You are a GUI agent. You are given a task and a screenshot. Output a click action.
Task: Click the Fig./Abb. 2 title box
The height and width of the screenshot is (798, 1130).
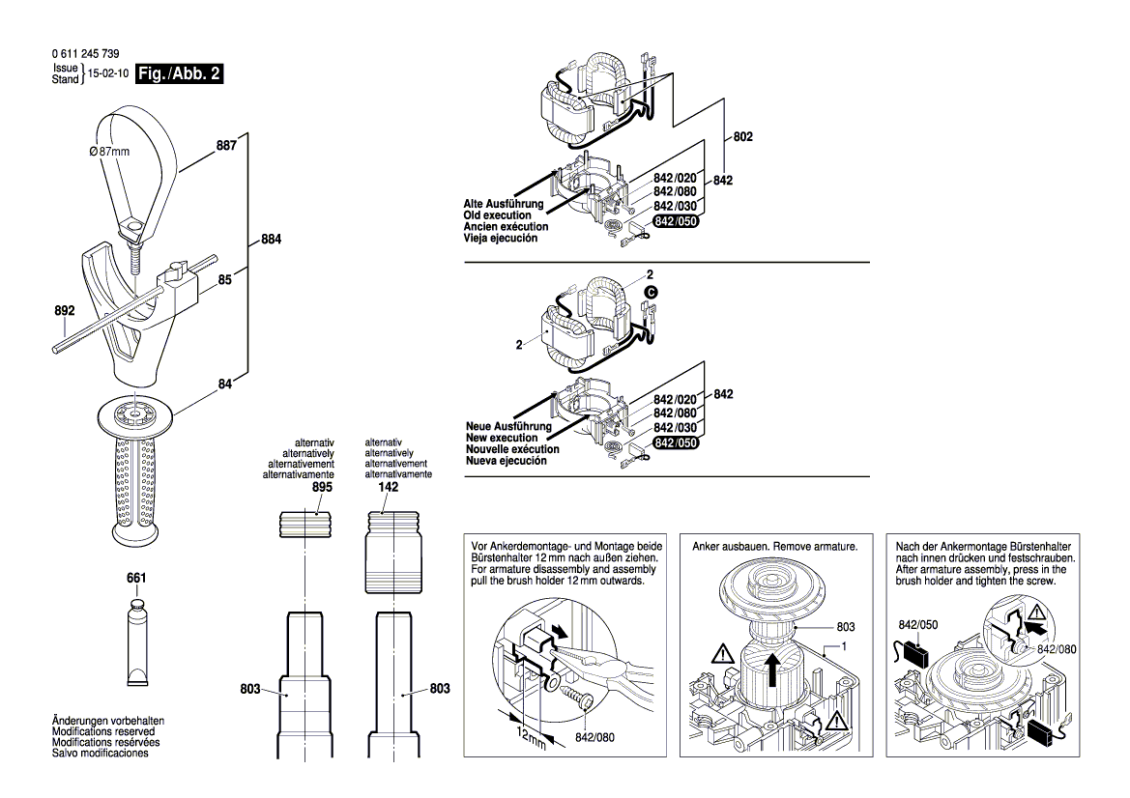tap(180, 74)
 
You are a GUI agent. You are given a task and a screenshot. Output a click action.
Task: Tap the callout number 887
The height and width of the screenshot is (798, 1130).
tap(225, 146)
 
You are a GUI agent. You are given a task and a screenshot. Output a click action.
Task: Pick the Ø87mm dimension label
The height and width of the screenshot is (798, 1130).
tap(108, 152)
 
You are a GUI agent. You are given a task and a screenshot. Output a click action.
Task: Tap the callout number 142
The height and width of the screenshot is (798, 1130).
tap(388, 489)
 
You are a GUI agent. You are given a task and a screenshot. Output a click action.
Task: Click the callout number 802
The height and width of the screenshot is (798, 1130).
tap(742, 138)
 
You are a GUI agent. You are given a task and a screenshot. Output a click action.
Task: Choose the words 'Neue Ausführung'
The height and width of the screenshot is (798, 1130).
tap(508, 426)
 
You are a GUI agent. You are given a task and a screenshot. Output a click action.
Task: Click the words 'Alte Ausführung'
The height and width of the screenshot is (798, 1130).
tap(504, 205)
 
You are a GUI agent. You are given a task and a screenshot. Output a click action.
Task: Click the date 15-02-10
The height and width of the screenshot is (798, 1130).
tap(108, 73)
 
